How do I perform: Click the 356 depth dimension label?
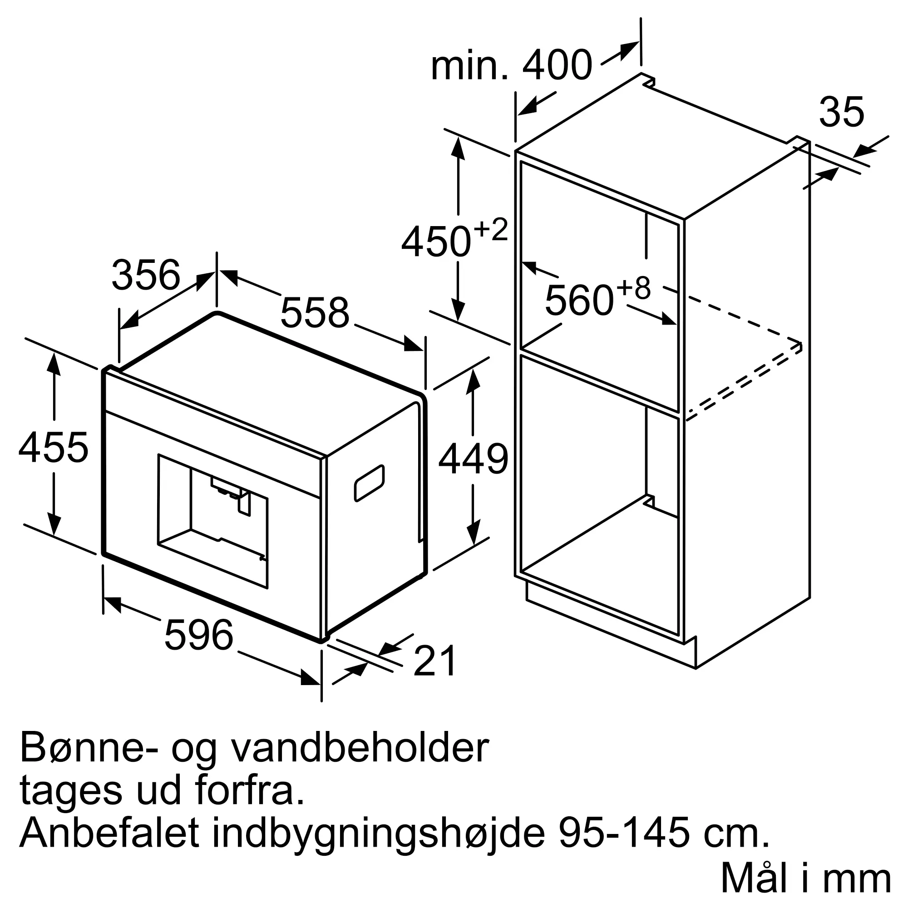click(x=146, y=275)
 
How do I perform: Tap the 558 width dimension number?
click(x=315, y=312)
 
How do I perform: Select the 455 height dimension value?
click(x=53, y=448)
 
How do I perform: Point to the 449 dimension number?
click(x=473, y=459)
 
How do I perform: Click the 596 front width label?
click(x=199, y=635)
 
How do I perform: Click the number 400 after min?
click(x=558, y=66)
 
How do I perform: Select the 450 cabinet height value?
click(x=436, y=242)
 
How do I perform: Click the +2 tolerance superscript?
click(x=491, y=230)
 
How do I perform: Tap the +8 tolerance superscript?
click(x=633, y=288)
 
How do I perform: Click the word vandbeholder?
click(x=360, y=748)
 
